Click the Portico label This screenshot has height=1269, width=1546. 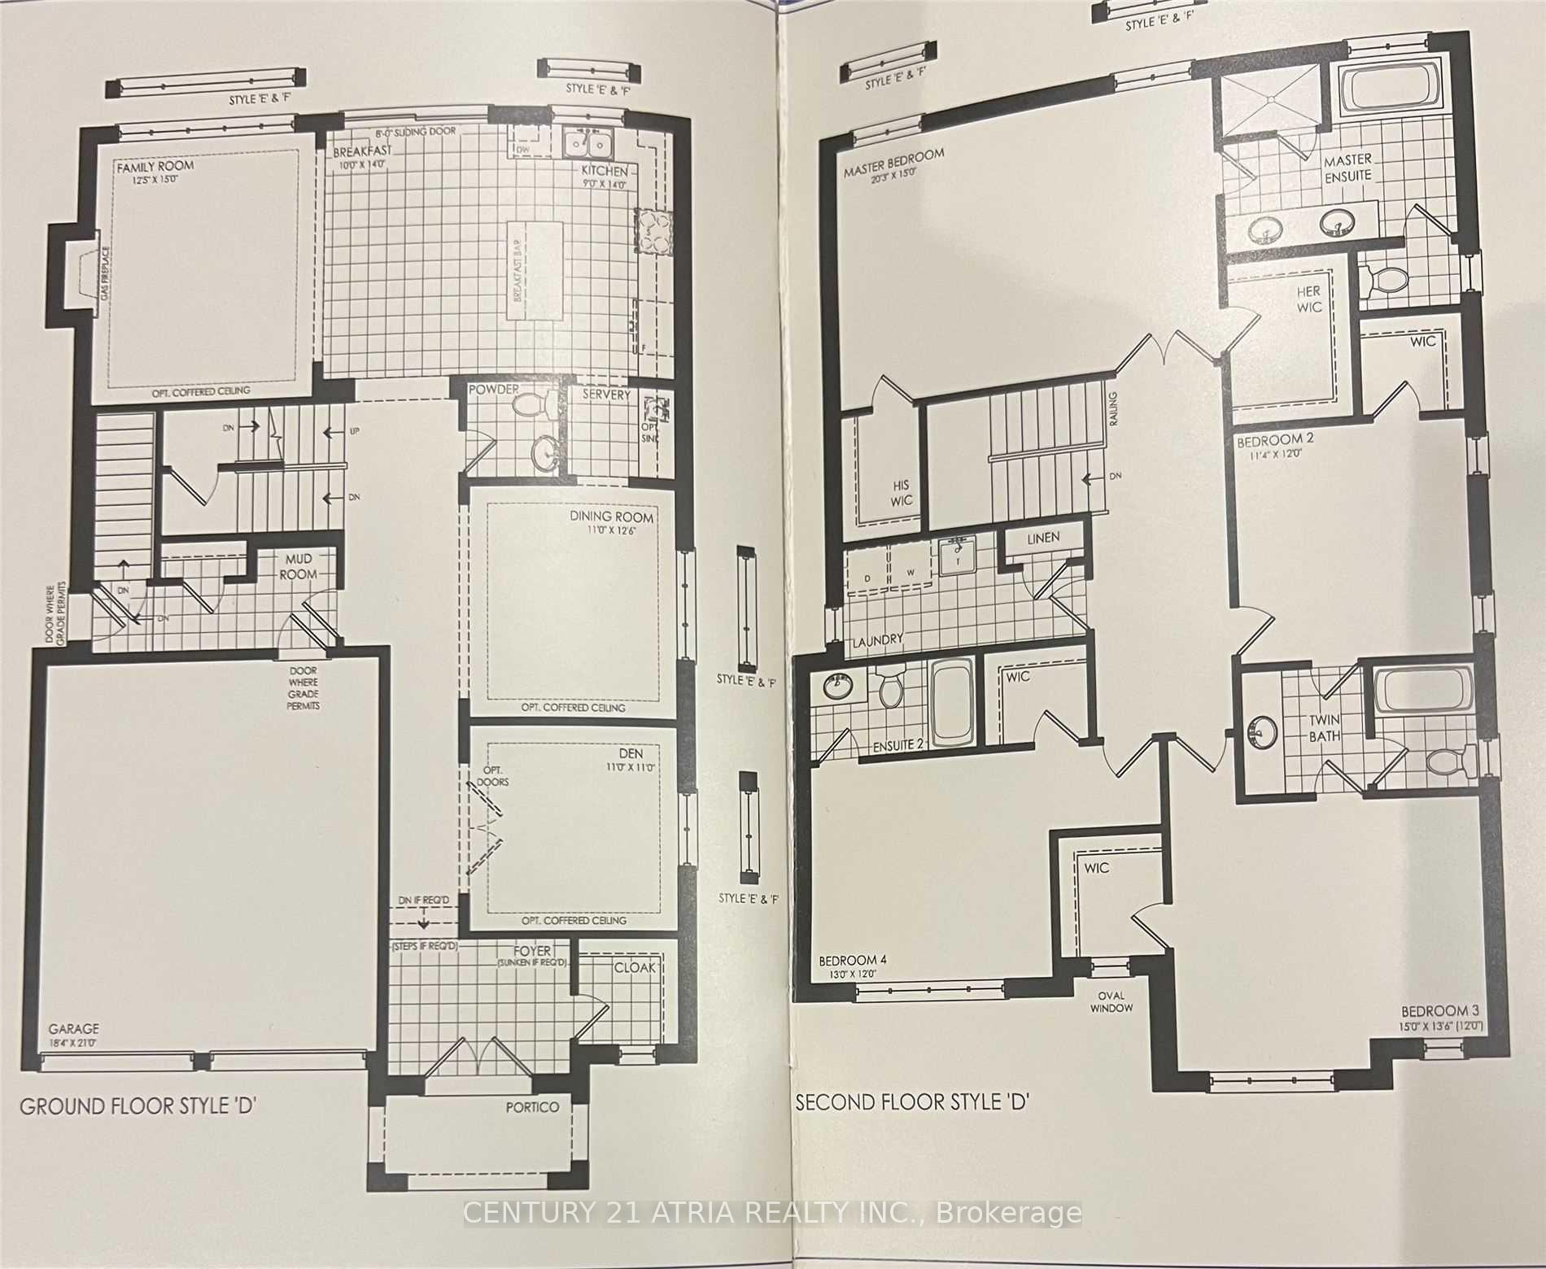coord(532,1107)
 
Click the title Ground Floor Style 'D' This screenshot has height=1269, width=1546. coord(138,1106)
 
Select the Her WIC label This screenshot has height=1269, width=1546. coord(1312,299)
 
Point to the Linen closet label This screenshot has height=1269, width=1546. coord(1043,538)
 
